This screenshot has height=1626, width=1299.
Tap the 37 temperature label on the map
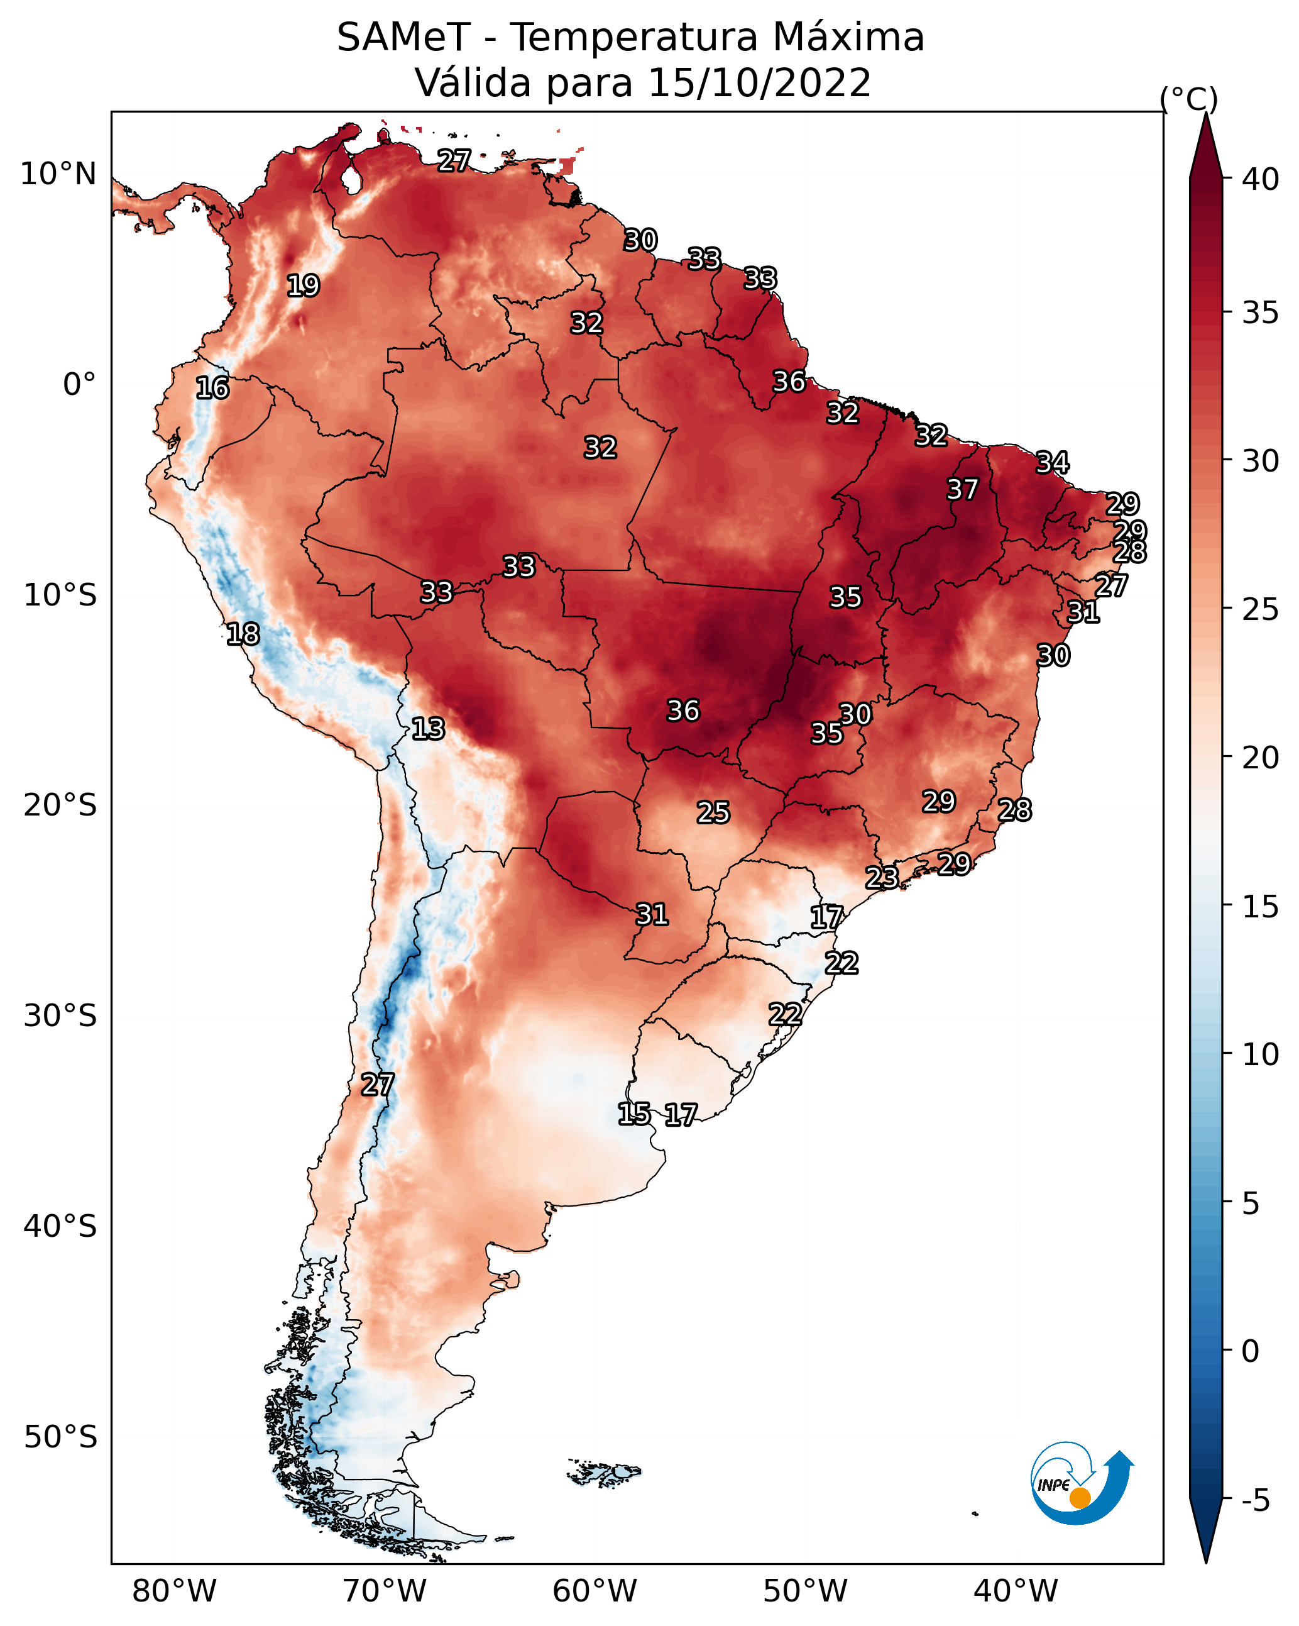(962, 489)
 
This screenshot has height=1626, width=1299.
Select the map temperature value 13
(428, 729)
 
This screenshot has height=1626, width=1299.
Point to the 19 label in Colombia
(303, 286)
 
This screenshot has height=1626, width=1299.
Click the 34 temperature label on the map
(1052, 462)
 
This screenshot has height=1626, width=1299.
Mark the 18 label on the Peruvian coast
(243, 634)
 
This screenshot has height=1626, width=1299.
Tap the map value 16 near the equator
(212, 389)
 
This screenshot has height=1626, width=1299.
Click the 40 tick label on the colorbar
(1261, 179)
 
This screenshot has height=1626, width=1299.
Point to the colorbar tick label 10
(1261, 1054)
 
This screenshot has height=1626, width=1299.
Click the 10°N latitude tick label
(58, 174)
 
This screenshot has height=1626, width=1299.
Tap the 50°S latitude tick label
(60, 1437)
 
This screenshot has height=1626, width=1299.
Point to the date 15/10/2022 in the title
(759, 82)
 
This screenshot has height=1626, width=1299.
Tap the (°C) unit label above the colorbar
(1189, 99)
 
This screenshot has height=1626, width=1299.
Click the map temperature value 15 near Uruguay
(634, 1114)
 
